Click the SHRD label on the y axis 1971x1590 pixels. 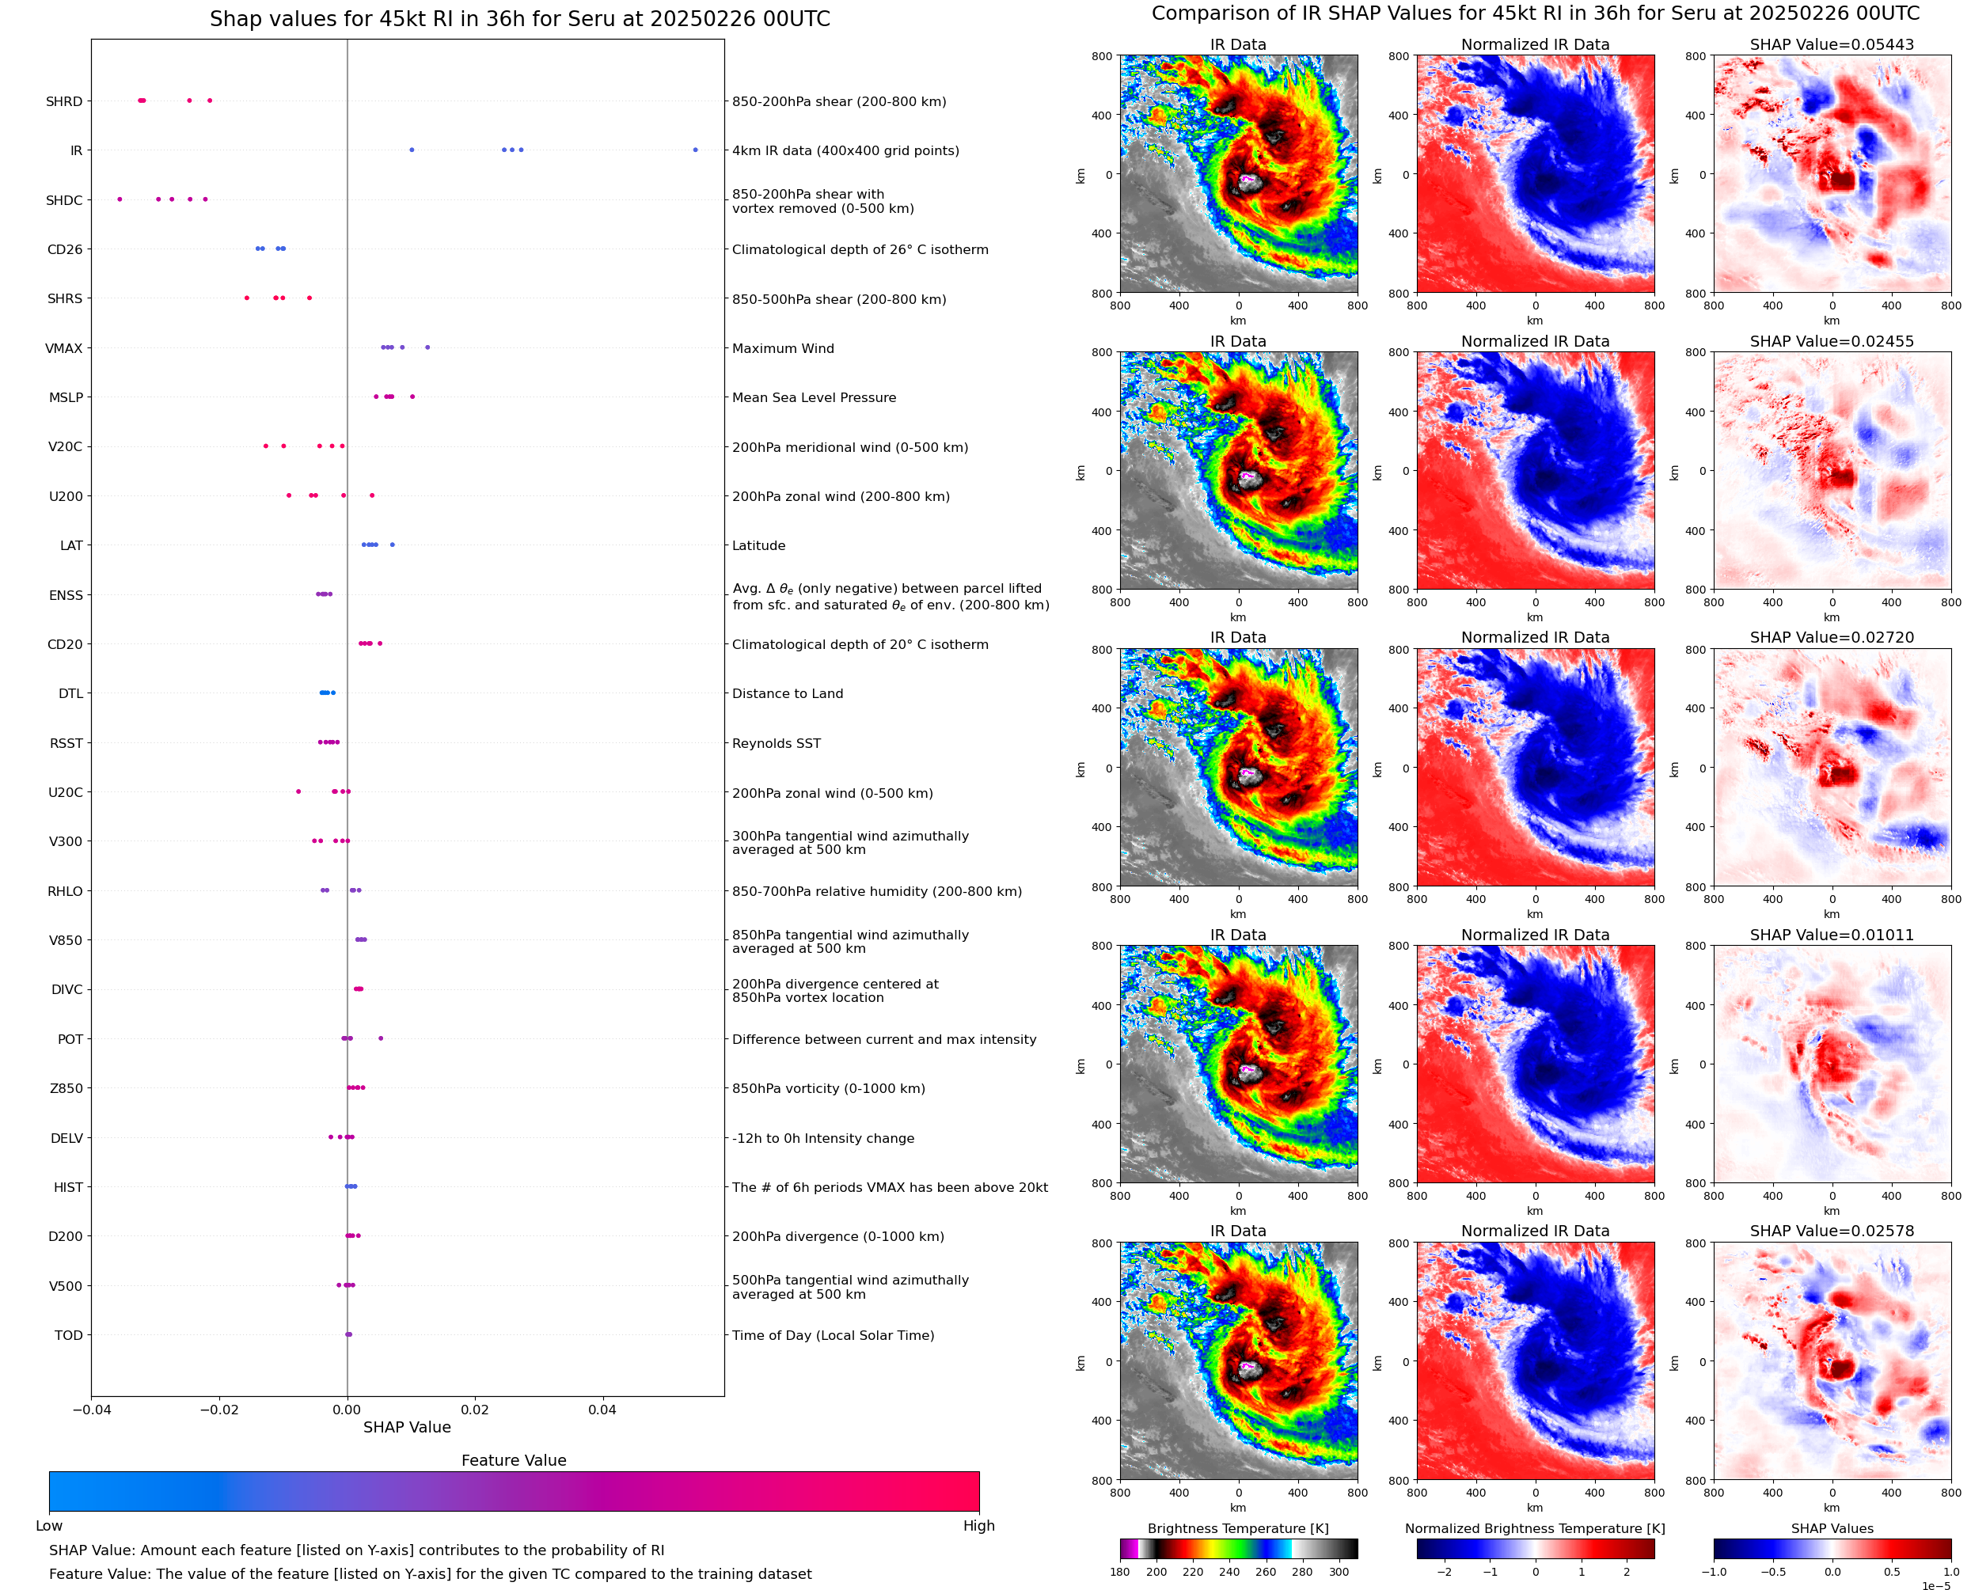point(64,101)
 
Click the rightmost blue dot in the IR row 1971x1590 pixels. point(695,150)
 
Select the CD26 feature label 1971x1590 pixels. point(64,249)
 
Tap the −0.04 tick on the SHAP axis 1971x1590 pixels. point(91,1410)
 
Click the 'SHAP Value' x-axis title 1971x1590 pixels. point(407,1427)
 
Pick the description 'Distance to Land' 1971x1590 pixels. point(787,693)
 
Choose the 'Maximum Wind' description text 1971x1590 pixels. point(782,348)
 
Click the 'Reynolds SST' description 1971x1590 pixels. point(776,743)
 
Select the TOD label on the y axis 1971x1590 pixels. point(68,1334)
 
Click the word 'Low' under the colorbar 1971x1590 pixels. point(48,1525)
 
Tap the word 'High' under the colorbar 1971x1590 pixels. point(978,1525)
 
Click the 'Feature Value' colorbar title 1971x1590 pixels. point(513,1460)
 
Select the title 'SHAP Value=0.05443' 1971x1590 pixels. point(1831,44)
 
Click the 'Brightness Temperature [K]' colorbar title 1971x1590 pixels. point(1237,1527)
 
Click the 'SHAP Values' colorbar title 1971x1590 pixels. point(1832,1527)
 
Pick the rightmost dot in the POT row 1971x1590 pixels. point(381,1038)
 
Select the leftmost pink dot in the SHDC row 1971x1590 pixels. point(120,199)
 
